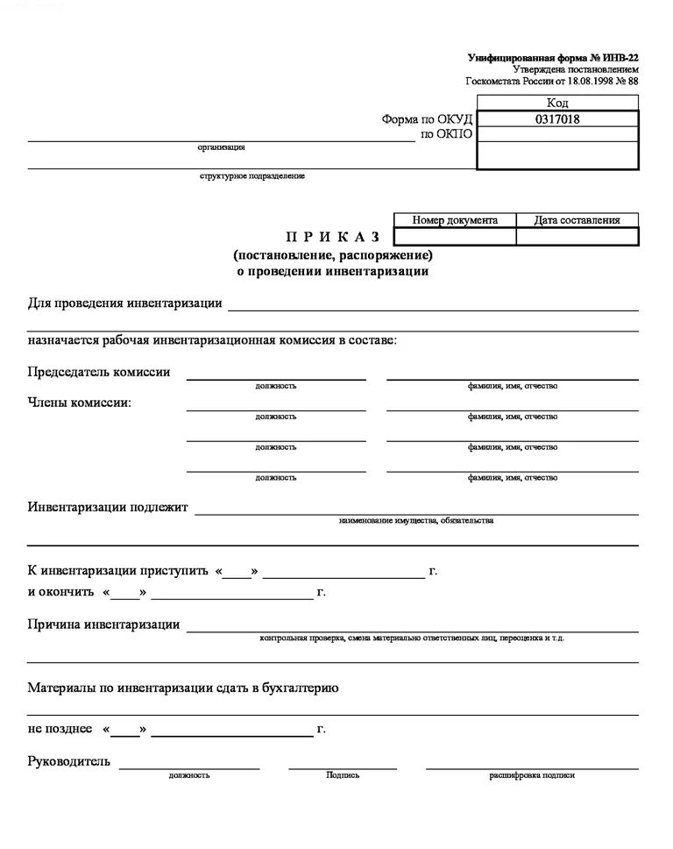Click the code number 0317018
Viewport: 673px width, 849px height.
[x=557, y=119]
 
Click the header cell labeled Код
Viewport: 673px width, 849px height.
[x=557, y=103]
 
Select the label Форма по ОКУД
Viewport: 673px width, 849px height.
[x=427, y=119]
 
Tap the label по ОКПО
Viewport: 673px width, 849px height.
[x=447, y=134]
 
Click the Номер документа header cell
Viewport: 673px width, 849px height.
[x=455, y=220]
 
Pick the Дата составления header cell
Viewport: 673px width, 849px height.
[x=577, y=220]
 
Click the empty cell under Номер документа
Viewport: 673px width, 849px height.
[x=455, y=237]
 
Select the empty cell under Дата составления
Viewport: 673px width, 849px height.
[x=577, y=237]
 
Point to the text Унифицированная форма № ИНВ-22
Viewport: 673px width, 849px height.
[x=553, y=58]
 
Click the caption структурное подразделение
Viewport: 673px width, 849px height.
[x=252, y=176]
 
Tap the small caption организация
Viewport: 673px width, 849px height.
[x=221, y=147]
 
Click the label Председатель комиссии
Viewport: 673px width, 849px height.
[x=99, y=372]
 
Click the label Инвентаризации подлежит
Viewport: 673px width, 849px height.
[x=108, y=507]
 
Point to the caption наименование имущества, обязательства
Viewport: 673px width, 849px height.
[x=416, y=521]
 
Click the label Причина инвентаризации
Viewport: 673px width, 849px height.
[x=104, y=624]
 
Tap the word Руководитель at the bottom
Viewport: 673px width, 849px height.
[x=69, y=760]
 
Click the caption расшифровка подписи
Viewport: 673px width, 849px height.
[x=532, y=775]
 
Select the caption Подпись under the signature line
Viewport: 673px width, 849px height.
[x=343, y=775]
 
